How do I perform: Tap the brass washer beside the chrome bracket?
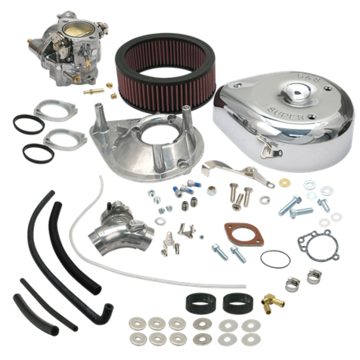click(x=271, y=183)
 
